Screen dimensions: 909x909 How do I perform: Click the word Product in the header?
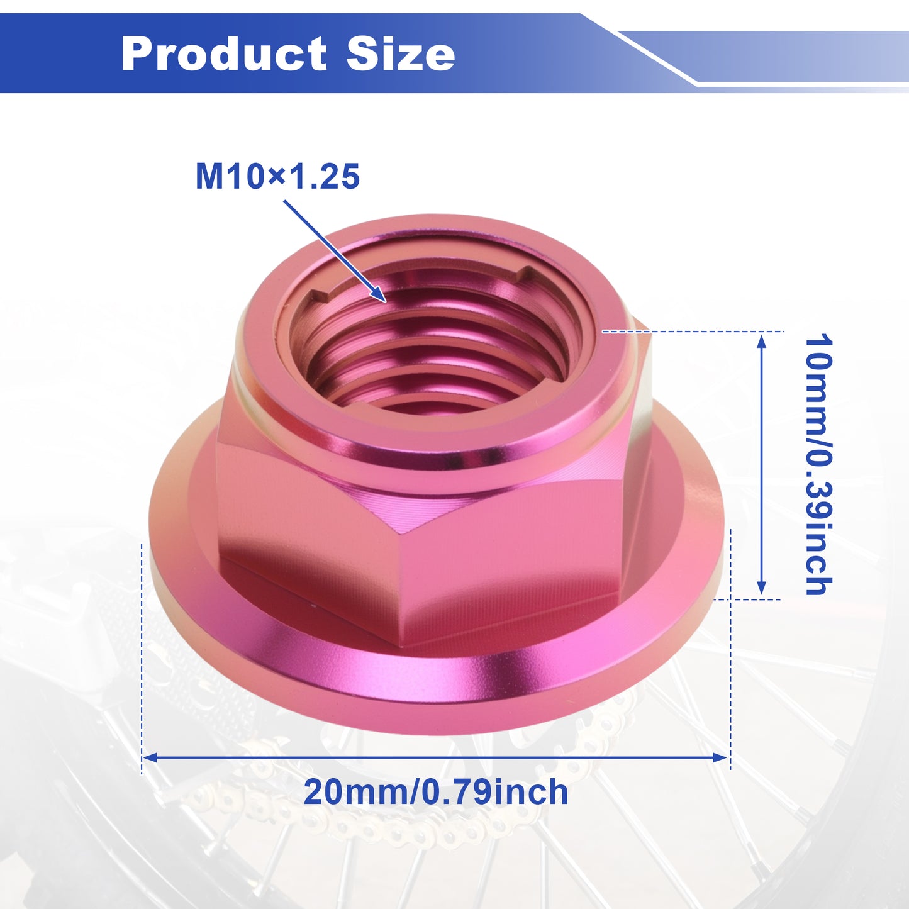pos(223,54)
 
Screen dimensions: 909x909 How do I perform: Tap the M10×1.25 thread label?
pos(277,177)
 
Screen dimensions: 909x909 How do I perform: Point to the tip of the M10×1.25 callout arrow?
pos(386,301)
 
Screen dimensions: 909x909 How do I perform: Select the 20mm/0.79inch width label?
pos(436,792)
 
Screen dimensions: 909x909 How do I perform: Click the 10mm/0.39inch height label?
pos(818,465)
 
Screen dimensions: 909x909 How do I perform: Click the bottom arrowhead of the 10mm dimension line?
pos(761,587)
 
